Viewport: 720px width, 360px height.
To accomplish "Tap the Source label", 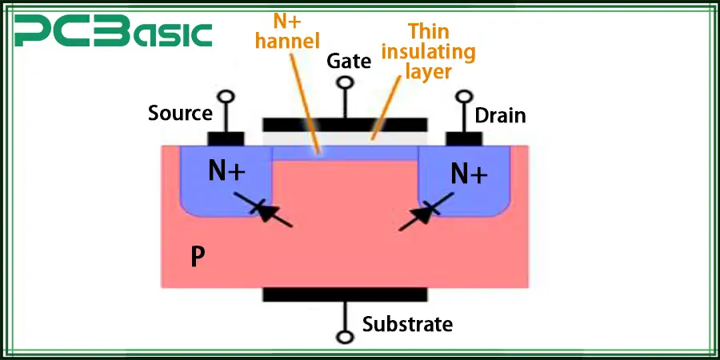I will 180,114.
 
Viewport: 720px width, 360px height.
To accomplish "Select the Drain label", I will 500,115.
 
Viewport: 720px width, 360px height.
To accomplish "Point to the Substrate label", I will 407,324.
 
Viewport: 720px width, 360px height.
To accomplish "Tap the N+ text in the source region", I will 225,170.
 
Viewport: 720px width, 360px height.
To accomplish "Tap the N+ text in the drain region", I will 468,173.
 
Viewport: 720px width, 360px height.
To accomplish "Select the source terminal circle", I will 227,98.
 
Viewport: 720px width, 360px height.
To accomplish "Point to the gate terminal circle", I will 345,82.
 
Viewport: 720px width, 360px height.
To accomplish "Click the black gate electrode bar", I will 345,125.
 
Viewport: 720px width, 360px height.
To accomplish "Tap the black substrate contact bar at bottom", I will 345,294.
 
